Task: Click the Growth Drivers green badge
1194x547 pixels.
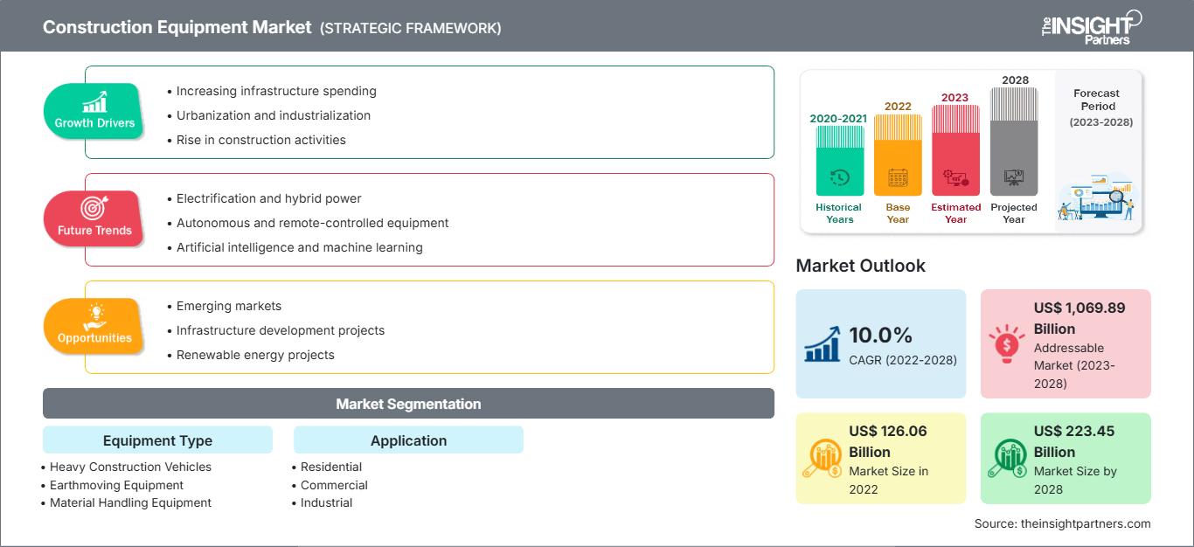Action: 94,111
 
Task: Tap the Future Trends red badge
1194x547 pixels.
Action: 94,218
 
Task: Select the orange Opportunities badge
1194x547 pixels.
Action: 94,326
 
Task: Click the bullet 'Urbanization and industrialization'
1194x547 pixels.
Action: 273,115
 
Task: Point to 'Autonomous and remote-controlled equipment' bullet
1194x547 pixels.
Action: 312,223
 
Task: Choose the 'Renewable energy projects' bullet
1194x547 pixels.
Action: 255,355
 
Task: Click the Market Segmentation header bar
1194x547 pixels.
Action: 408,404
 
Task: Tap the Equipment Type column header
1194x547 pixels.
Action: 157,440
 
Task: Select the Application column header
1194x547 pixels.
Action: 408,440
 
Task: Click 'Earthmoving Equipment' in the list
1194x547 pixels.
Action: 116,485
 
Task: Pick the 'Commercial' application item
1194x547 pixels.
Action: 334,485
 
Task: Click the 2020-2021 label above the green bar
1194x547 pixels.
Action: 839,119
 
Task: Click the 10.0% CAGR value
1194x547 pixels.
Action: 879,336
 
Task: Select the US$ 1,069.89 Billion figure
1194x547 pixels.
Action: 1079,318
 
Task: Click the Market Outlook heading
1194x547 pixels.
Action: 860,266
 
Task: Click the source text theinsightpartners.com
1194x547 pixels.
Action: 1063,523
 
